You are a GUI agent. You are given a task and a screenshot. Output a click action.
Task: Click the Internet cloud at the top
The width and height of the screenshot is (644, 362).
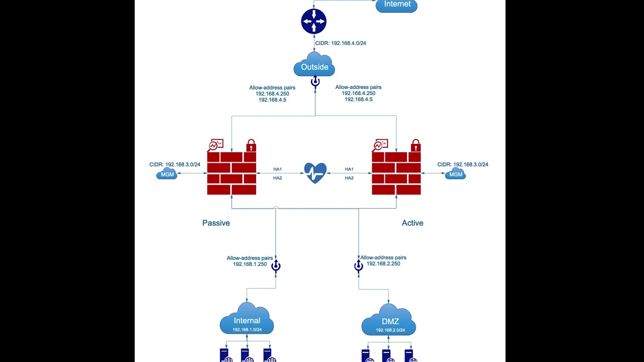point(396,5)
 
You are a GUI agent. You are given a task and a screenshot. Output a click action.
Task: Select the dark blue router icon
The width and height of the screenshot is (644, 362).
point(314,22)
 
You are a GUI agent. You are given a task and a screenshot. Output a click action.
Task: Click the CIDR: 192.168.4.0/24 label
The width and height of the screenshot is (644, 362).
point(341,43)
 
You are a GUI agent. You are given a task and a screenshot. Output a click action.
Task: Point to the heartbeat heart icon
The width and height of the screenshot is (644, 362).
point(315,173)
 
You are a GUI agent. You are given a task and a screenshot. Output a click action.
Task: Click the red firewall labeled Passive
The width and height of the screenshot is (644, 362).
point(232,173)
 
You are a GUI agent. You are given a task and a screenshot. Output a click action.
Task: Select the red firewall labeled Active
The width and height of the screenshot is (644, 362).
point(396,173)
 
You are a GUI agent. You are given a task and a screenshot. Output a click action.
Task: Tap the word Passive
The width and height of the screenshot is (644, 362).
point(216,223)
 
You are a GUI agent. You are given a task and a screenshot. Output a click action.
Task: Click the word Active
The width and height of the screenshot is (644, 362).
point(413,223)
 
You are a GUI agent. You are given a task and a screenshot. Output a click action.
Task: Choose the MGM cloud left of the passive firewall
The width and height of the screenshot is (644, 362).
point(167,174)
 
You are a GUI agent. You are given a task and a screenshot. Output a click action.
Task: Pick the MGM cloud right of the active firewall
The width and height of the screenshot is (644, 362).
point(455,174)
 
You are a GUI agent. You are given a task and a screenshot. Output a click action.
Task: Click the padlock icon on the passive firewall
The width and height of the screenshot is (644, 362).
point(251,145)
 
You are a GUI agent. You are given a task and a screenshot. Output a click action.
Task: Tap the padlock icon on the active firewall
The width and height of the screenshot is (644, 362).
point(416,145)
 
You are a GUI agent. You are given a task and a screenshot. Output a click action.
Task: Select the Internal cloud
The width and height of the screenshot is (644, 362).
point(247,320)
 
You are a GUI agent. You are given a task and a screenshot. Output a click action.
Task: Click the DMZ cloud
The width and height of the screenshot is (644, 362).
point(389,320)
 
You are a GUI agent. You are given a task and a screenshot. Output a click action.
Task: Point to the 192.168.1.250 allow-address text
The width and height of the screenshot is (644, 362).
point(250,264)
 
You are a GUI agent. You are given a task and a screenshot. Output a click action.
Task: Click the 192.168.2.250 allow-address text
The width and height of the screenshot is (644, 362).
point(383,263)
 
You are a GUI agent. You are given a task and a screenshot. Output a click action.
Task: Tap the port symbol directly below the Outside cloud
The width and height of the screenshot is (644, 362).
point(315,82)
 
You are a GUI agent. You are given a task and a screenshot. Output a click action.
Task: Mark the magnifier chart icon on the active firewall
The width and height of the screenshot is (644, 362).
point(380,145)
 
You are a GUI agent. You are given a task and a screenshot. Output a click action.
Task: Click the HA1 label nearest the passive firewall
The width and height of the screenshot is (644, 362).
point(277,169)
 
